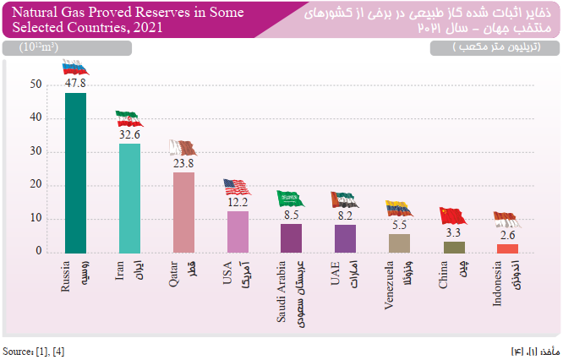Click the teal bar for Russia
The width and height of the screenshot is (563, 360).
[x=76, y=172]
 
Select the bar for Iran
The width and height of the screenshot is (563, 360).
[x=129, y=198]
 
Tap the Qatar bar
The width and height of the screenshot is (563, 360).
[x=183, y=212]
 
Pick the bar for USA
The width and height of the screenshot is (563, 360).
[x=238, y=232]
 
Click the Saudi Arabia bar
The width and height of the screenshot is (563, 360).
[x=291, y=237]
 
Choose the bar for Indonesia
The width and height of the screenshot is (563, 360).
[x=507, y=248]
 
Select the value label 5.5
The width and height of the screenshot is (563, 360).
[x=399, y=226]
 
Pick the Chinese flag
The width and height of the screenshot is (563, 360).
[x=453, y=215]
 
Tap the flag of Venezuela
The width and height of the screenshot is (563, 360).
[x=399, y=209]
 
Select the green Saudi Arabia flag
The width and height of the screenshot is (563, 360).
[x=291, y=199]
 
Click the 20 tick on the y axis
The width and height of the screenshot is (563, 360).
[x=36, y=185]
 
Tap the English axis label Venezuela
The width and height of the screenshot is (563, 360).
[x=390, y=288]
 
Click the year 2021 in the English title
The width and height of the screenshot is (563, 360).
[x=139, y=28]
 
